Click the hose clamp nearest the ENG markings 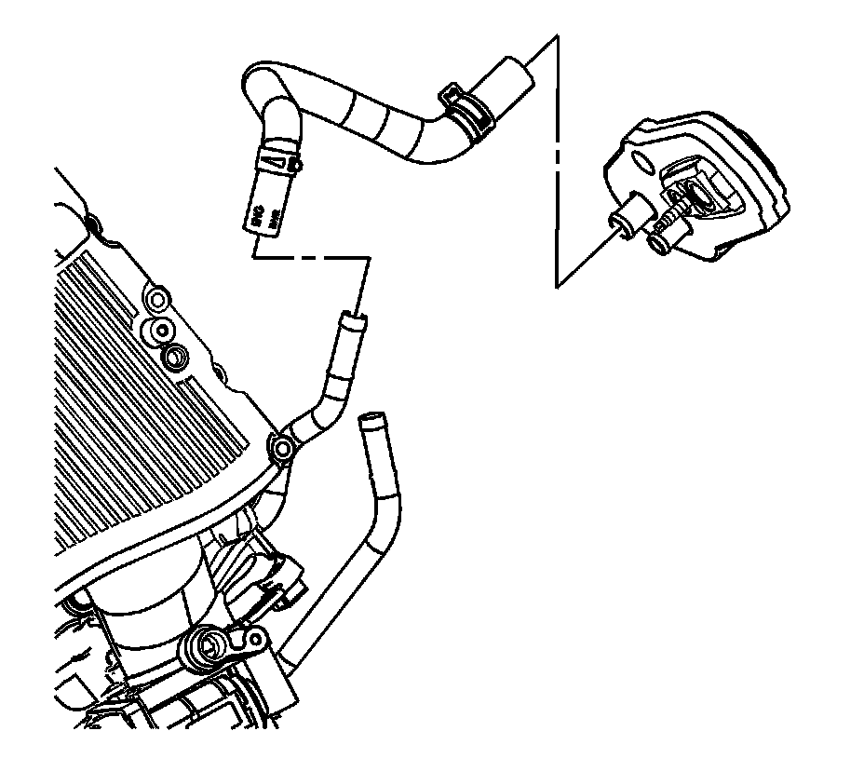coord(278,160)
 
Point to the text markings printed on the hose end coord(263,216)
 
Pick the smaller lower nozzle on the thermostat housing coord(658,244)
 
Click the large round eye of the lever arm coord(207,646)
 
